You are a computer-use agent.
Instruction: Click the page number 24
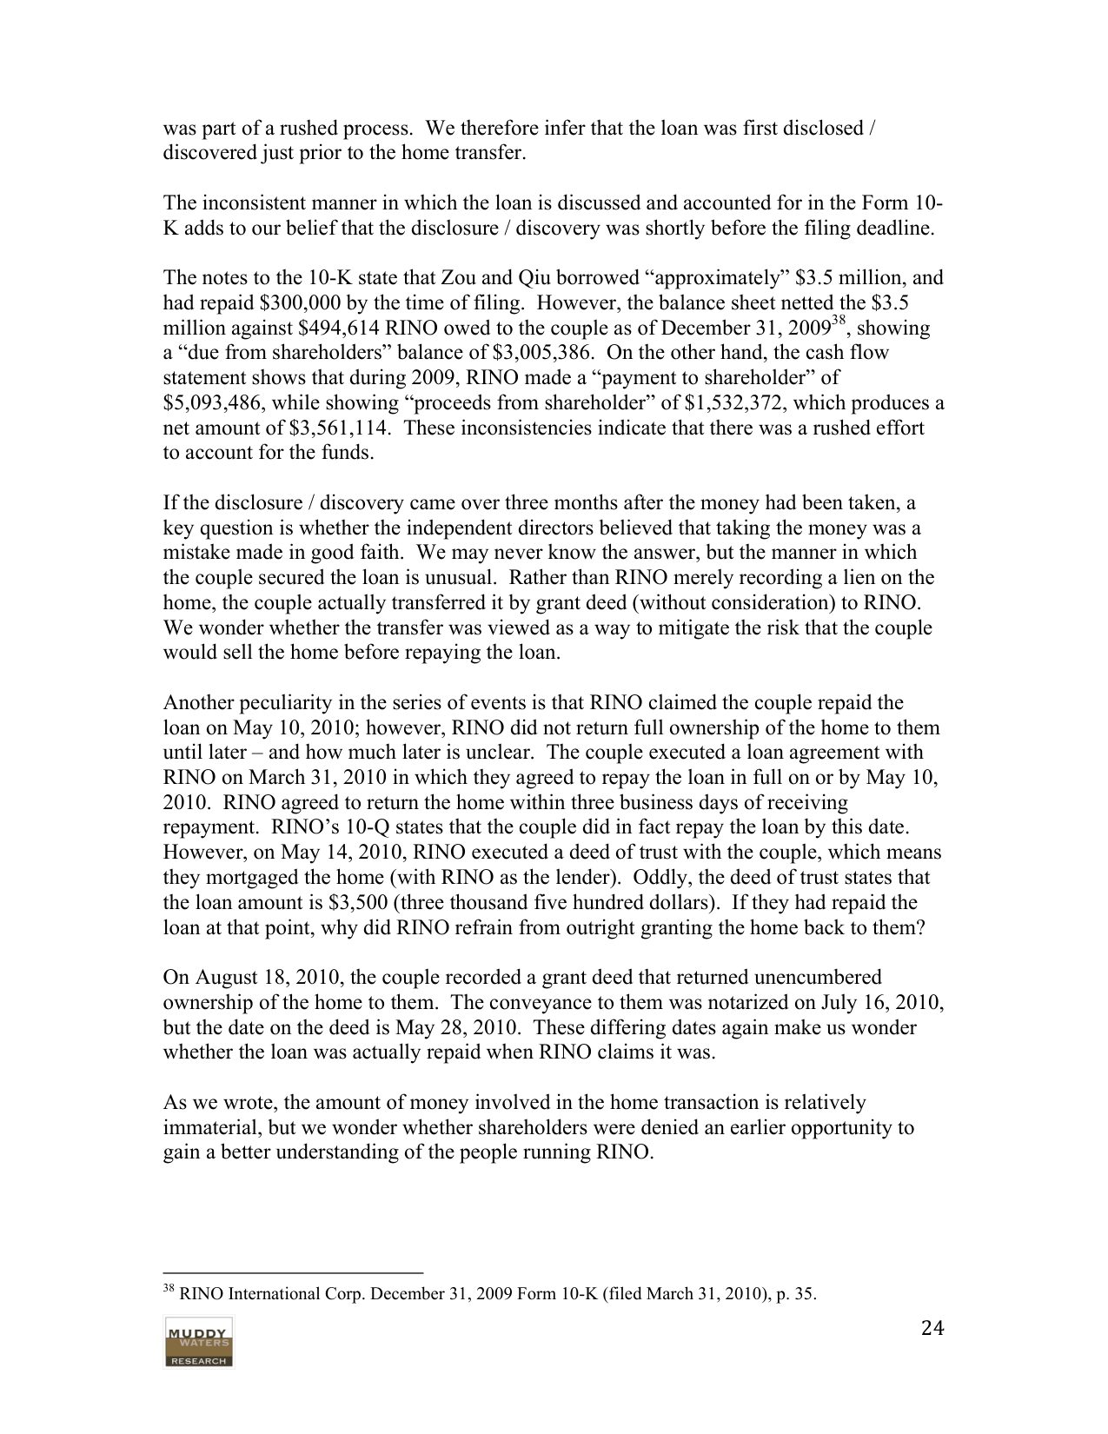[931, 1328]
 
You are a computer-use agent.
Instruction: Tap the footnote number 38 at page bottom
[169, 1289]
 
